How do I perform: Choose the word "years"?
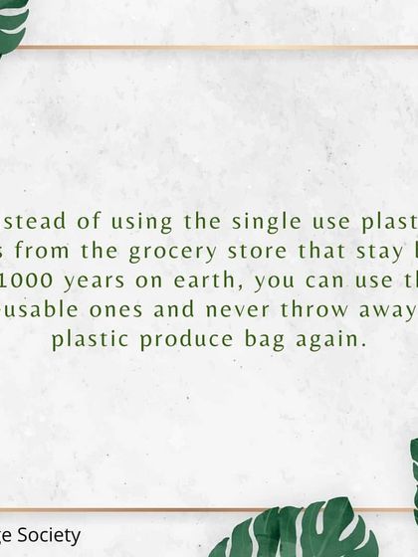[x=95, y=280]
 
